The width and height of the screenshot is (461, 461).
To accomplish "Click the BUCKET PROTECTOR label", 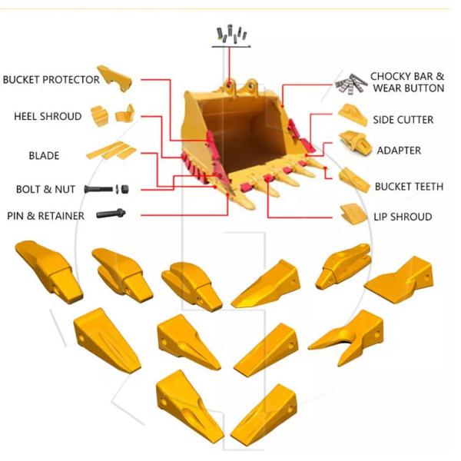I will [x=51, y=80].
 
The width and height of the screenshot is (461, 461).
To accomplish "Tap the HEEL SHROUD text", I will [x=48, y=117].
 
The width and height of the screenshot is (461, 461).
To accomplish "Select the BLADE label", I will [x=44, y=156].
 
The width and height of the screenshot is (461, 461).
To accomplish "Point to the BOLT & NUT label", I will [x=45, y=189].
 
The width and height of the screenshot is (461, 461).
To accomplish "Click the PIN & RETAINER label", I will [x=46, y=216].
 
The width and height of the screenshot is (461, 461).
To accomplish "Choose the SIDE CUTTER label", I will [x=403, y=120].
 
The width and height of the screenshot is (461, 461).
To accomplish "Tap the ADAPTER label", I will [x=399, y=151].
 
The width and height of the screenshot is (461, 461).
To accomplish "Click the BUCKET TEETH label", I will [x=408, y=187].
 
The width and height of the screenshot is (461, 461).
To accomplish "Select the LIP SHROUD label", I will [x=402, y=217].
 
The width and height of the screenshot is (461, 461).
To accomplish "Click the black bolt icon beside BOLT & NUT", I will [x=109, y=189].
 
